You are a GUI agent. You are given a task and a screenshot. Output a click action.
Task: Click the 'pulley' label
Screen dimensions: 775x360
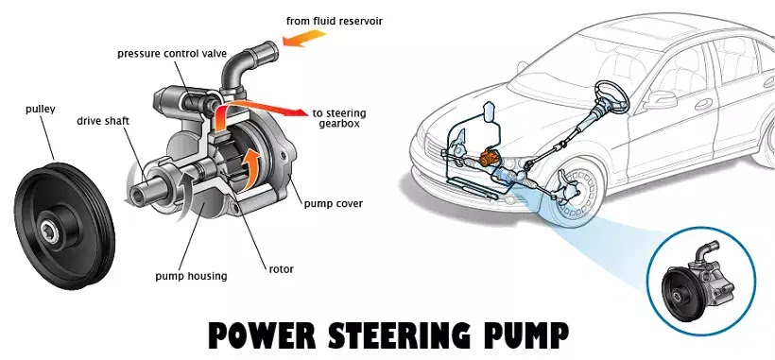pos(40,110)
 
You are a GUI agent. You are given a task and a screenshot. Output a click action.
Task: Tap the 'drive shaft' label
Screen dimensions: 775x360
pos(103,121)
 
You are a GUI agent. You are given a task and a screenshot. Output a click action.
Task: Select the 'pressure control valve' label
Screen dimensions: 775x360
pos(172,53)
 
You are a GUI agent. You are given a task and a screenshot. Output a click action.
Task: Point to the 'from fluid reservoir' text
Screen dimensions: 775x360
pos(335,21)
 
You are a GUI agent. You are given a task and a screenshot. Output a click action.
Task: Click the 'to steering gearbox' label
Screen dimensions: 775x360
pos(339,118)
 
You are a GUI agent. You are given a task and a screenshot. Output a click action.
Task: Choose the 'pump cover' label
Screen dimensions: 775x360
pos(333,203)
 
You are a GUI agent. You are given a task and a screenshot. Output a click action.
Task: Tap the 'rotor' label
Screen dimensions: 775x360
pos(282,269)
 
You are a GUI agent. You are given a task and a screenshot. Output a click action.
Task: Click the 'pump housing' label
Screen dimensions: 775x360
pos(191,276)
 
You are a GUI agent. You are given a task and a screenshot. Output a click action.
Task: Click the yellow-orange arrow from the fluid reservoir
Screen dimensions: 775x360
pos(304,38)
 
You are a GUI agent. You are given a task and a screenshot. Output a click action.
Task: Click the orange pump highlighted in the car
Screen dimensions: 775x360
pos(490,158)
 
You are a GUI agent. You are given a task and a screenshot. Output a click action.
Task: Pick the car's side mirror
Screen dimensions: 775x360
pos(660,99)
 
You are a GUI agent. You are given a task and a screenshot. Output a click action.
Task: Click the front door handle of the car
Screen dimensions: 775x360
pos(704,105)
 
